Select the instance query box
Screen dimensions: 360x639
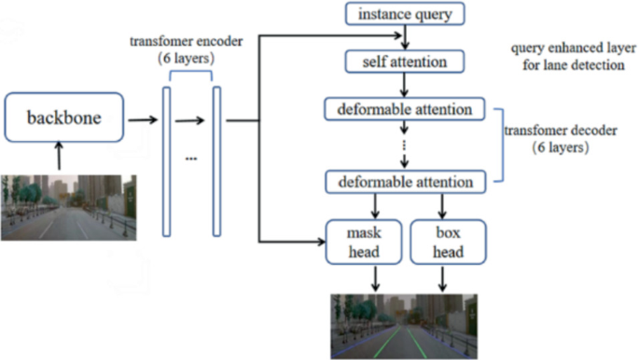[404, 15]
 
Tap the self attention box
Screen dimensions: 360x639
[404, 62]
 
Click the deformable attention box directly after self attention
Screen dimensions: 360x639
[404, 110]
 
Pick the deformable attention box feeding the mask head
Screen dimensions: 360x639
[404, 181]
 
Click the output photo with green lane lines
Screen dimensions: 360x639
[403, 326]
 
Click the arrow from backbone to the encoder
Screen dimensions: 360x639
[142, 120]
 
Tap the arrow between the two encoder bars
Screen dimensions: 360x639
[191, 120]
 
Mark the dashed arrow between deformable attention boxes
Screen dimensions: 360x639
[404, 145]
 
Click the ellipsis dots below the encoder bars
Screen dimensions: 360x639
[191, 159]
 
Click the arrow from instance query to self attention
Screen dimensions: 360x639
[404, 38]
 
